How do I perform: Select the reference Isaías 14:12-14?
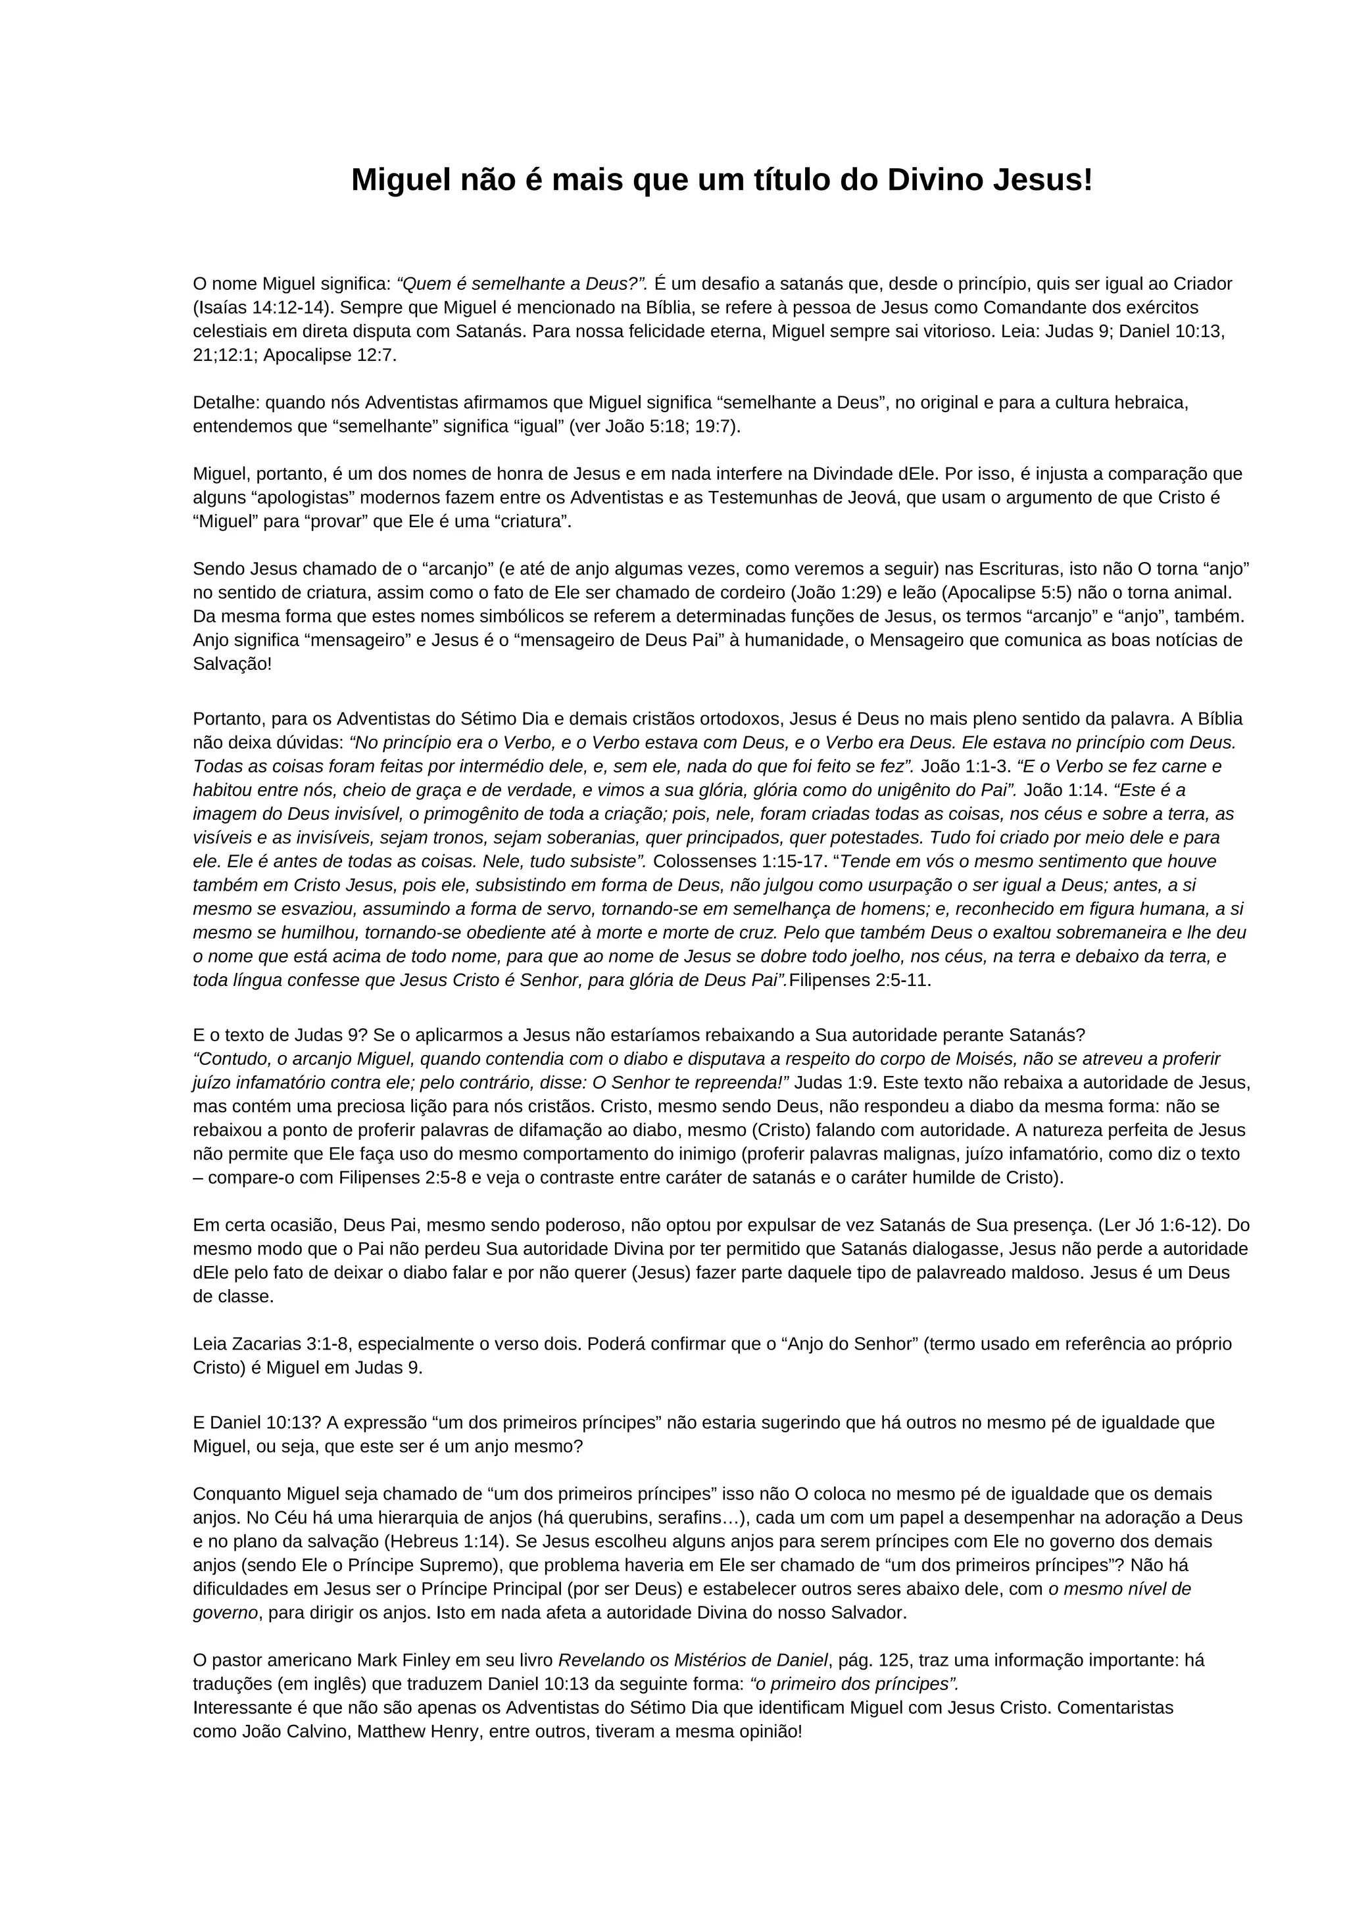click(260, 308)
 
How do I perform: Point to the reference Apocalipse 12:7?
click(329, 356)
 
